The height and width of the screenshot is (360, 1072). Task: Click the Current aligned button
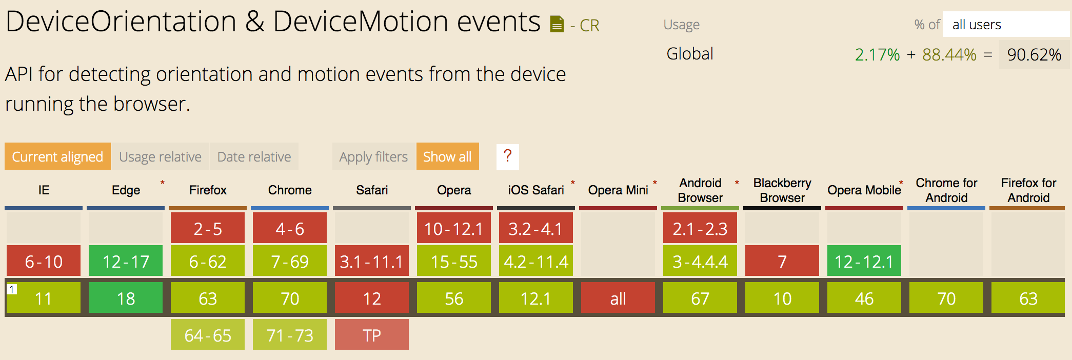[57, 156]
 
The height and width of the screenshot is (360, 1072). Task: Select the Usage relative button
[160, 156]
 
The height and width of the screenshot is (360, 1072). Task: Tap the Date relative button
[254, 156]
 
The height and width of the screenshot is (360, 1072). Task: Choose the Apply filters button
[373, 156]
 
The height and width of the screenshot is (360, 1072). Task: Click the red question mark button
[508, 156]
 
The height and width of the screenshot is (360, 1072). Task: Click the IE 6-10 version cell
[44, 262]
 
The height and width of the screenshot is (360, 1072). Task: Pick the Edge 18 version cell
[126, 298]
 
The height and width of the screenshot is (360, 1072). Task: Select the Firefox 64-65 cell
[208, 335]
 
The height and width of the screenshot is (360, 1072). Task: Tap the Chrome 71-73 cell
[290, 335]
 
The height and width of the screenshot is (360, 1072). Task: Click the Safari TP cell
[372, 335]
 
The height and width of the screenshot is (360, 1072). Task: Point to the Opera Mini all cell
[618, 298]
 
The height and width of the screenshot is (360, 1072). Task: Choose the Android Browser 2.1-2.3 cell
[700, 228]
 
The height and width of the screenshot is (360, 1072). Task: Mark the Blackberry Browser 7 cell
[782, 262]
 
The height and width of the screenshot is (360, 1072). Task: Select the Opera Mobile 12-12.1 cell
[864, 262]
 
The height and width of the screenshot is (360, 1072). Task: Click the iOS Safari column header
[536, 190]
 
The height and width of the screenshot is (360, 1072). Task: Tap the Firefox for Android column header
[1028, 190]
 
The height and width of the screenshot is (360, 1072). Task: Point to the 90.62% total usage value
[1034, 54]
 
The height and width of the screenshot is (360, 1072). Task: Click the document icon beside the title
[557, 24]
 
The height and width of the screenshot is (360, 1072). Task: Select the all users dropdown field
[1006, 24]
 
